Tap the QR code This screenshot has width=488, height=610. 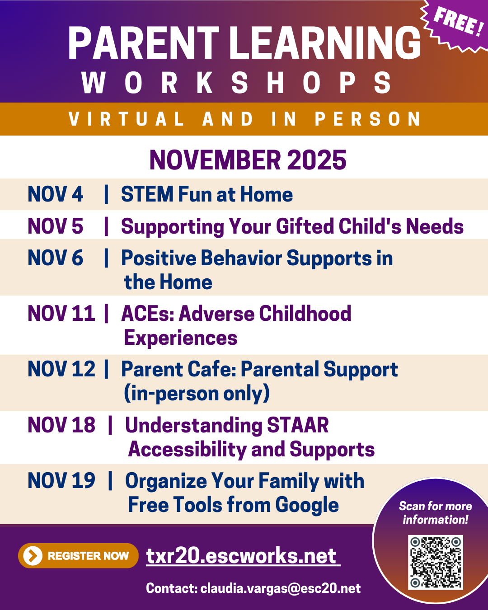pyautogui.click(x=436, y=562)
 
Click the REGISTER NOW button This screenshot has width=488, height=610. pyautogui.click(x=78, y=556)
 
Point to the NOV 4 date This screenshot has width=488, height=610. pyautogui.click(x=55, y=194)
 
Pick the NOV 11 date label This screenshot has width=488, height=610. pyautogui.click(x=61, y=314)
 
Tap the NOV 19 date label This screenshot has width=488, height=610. pyautogui.click(x=61, y=481)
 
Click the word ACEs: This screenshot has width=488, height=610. pyautogui.click(x=148, y=314)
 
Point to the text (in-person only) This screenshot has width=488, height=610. pyautogui.click(x=197, y=393)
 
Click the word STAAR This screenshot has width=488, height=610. pyautogui.click(x=297, y=425)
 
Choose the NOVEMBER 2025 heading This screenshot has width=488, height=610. pyautogui.click(x=248, y=160)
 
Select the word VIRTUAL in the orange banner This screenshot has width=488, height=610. pyautogui.click(x=127, y=119)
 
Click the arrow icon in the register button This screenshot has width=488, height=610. pyautogui.click(x=33, y=556)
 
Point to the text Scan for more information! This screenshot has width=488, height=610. pyautogui.click(x=435, y=513)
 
